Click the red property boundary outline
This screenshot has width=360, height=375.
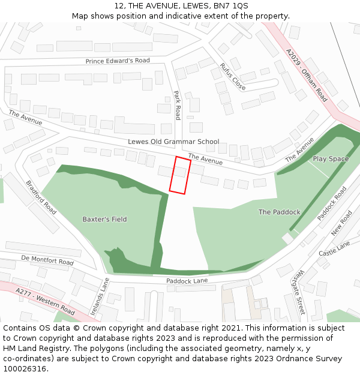pos(180,175)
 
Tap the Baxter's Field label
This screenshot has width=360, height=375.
pos(104,219)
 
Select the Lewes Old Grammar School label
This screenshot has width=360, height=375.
pos(173,142)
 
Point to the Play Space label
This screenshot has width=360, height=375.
pos(330,159)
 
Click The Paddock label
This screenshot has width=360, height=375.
pos(279,212)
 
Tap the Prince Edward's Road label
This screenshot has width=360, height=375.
pos(118,61)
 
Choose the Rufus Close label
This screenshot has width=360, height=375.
pos(232,76)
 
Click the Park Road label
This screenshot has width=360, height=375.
pos(177,105)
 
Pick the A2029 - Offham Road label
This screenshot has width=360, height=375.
pos(307,75)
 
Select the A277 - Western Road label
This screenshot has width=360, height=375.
pos(46,302)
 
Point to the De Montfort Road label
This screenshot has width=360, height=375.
pos(47,260)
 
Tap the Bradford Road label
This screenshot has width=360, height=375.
pos(41,197)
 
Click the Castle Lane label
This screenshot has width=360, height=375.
pos(334,249)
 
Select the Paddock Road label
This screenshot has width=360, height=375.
pos(332,203)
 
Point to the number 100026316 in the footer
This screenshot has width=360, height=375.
pos(25,368)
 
